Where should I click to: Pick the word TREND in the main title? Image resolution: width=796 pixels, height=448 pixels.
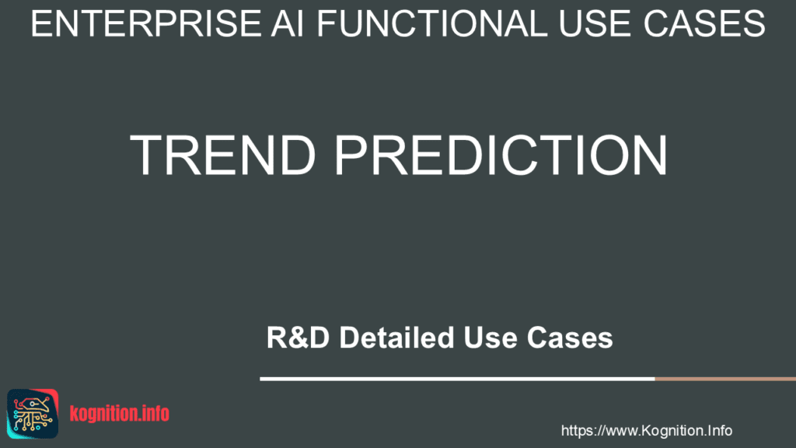[223, 156]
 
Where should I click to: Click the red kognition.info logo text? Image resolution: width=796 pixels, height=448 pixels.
[119, 414]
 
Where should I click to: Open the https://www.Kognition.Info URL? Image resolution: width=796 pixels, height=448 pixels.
[646, 430]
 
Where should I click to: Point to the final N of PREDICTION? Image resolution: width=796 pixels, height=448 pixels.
[648, 156]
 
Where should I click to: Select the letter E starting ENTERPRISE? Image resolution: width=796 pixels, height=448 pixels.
[40, 26]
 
